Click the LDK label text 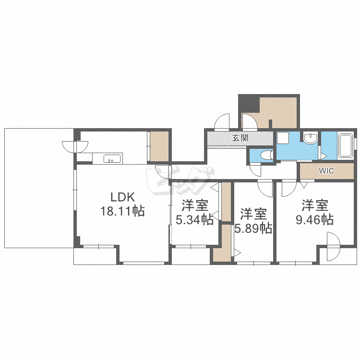pos(122,197)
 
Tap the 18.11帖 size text pos(122,211)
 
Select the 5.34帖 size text pos(195,220)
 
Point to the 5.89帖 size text pos(253,228)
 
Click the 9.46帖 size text pos(314,220)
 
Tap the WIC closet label pos(326,171)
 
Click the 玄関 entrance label pos(240,138)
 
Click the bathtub pos(346,145)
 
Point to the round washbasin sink pos(311,138)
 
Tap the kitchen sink pos(112,159)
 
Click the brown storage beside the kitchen pos(159,146)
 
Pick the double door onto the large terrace pos(75,147)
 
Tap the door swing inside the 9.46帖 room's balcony pos(334,246)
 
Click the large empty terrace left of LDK pos(39,188)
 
